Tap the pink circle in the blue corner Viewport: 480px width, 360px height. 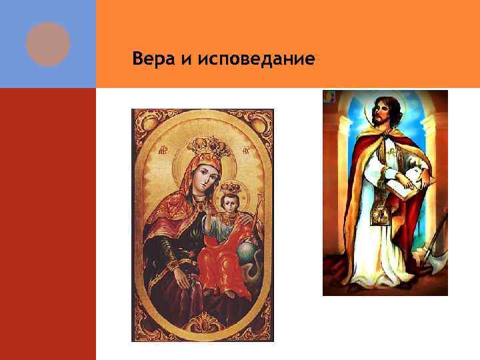coord(48,43)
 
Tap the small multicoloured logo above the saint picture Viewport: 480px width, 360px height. coord(327,97)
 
